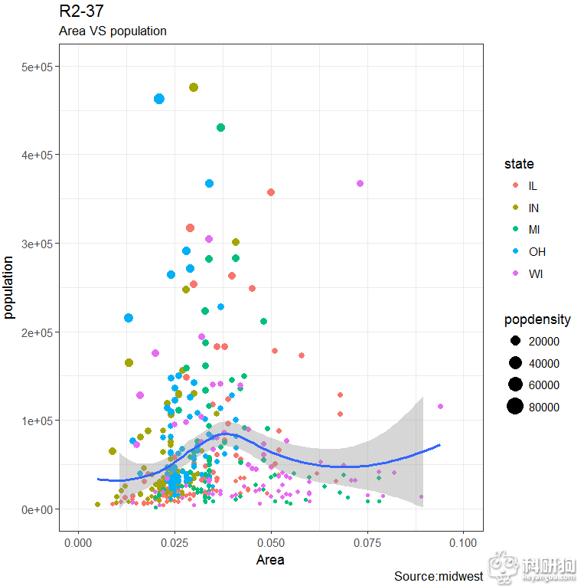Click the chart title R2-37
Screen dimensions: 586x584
(81, 11)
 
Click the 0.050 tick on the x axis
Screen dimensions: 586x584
(270, 542)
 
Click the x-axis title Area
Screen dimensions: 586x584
(270, 560)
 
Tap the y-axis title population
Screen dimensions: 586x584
(10, 287)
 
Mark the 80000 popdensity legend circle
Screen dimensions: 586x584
(515, 407)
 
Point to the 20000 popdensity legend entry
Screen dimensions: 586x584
(543, 341)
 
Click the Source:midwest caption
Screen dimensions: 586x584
(438, 576)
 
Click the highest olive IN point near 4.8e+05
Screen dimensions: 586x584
(194, 87)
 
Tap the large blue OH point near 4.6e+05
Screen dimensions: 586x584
(159, 99)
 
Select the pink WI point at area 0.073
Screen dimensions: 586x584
(360, 183)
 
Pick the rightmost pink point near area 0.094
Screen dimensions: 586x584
(440, 406)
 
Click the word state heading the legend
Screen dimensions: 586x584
(519, 164)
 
